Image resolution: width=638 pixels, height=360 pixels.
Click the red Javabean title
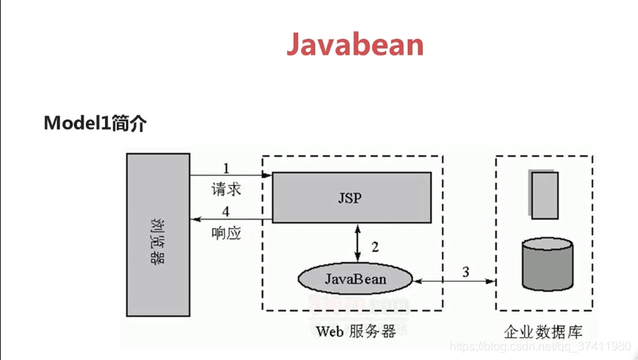(355, 45)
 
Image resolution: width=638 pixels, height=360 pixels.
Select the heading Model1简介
(95, 123)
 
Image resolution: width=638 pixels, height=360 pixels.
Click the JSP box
(350, 198)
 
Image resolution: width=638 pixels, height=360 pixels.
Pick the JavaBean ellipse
(356, 279)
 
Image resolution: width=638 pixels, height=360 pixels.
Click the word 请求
(227, 189)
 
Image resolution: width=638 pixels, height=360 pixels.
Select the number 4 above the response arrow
(227, 212)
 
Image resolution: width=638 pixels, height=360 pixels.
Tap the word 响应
(227, 233)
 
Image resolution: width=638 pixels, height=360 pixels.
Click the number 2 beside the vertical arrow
(375, 246)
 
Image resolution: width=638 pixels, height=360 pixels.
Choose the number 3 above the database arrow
(466, 272)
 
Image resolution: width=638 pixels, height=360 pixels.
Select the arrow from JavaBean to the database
(455, 281)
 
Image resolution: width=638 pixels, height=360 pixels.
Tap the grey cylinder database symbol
(548, 265)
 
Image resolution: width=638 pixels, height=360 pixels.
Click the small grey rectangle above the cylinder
(545, 195)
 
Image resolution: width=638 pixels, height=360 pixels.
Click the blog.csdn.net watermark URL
(541, 347)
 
